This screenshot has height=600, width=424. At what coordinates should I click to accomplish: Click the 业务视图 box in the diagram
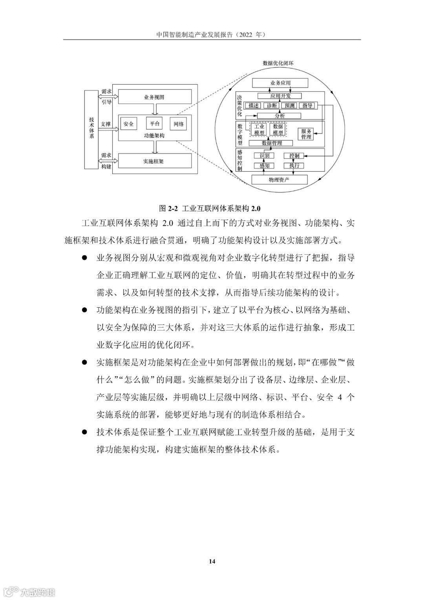(155, 97)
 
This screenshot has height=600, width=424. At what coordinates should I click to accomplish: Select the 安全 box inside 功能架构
(128, 124)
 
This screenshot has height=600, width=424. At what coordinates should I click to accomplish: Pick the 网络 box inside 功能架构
(178, 124)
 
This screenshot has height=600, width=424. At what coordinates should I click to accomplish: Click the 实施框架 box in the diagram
(155, 161)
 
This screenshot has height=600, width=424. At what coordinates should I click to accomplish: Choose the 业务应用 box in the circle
(280, 83)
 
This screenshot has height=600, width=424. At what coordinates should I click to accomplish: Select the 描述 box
(254, 105)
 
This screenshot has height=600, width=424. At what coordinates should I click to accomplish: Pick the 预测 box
(290, 105)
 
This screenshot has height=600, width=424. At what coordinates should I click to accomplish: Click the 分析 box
(280, 116)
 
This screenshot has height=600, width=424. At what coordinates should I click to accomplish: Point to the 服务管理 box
(306, 134)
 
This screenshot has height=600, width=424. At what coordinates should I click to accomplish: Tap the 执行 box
(294, 165)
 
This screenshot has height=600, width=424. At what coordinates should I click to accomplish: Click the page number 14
(212, 561)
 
